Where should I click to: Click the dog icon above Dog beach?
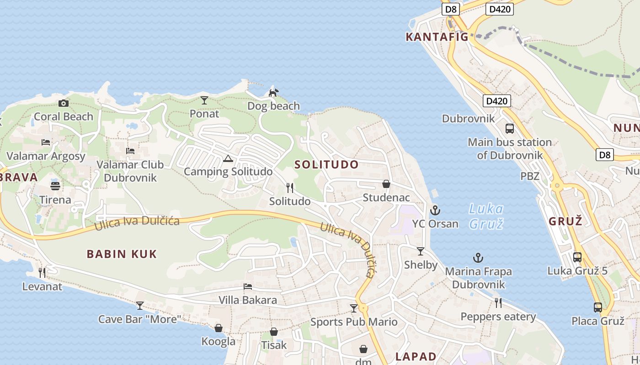273,93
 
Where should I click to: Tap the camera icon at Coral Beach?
64,104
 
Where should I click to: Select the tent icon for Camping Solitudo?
228,159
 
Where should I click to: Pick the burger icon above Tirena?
55,186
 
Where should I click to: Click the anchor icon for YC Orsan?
435,210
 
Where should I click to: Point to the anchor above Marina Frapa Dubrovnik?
478,258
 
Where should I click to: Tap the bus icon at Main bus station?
510,129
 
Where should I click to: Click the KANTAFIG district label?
437,37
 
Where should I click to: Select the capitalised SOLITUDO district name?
326,165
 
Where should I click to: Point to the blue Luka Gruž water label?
486,216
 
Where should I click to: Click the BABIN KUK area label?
122,254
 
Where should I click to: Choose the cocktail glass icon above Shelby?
421,251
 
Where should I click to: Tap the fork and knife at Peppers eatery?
498,302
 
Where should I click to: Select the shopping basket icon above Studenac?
386,184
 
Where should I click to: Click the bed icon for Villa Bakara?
248,287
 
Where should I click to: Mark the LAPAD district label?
416,356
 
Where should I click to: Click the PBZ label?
530,176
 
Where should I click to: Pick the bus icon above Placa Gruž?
597,307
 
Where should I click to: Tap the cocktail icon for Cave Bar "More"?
140,305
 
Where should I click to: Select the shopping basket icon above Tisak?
274,332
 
